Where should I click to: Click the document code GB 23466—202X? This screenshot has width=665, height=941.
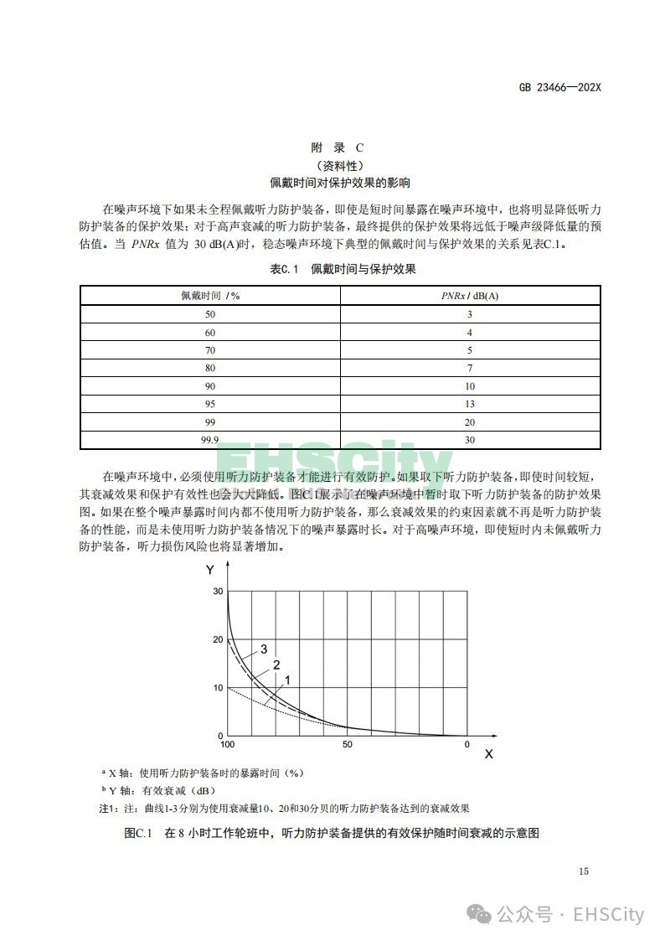560,86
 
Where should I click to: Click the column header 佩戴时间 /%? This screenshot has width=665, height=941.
210,296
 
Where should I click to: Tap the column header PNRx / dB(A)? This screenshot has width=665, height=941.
470,296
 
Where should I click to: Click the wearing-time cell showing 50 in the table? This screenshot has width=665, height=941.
210,314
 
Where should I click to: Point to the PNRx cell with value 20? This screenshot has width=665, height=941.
470,422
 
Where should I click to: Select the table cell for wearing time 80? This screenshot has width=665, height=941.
210,368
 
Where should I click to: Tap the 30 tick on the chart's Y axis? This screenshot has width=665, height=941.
219,591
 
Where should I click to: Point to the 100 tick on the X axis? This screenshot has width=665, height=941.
227,745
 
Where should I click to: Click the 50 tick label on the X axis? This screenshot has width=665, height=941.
348,745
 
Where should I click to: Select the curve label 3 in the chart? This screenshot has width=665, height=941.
264,649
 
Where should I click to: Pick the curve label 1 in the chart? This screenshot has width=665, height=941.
287,680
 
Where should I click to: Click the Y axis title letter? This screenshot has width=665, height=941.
209,571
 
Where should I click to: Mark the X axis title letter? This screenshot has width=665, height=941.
488,754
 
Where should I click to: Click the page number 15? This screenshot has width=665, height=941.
583,871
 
